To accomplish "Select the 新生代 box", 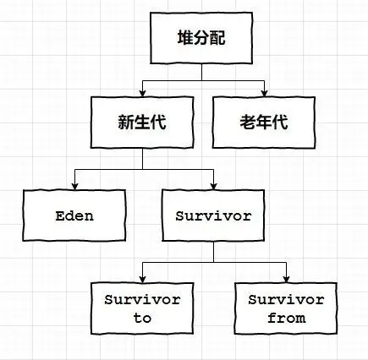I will pyautogui.click(x=141, y=121).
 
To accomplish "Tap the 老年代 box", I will pyautogui.click(x=264, y=121).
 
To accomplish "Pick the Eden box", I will pyautogui.click(x=74, y=215).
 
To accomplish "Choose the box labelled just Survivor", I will pyautogui.click(x=213, y=215).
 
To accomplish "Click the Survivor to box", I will pyautogui.click(x=142, y=309).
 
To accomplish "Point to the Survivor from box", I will pyautogui.click(x=285, y=309).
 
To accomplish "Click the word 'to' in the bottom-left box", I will pyautogui.click(x=142, y=319).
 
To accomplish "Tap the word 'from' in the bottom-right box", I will pyautogui.click(x=285, y=319).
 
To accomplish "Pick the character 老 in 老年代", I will pyautogui.click(x=245, y=121).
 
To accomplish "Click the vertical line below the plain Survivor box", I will pyautogui.click(x=213, y=252).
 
